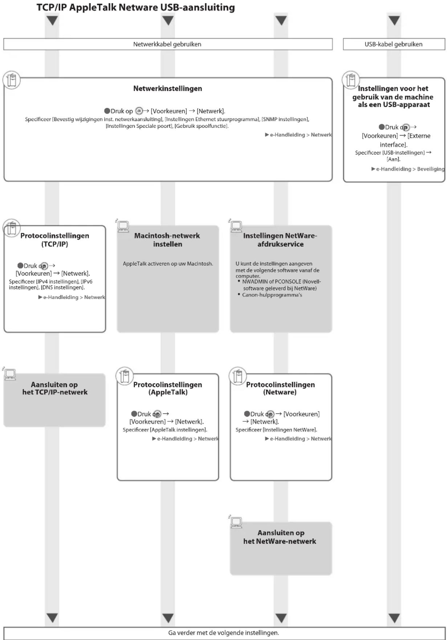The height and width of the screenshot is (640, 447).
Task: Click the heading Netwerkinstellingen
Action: coord(167,89)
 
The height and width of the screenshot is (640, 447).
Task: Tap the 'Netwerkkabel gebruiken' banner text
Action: coord(167,44)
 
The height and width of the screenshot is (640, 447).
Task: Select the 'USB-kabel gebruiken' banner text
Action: coord(394,44)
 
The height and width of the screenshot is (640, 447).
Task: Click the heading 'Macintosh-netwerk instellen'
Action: coord(167,240)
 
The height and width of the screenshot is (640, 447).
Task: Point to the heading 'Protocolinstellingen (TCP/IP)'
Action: coord(54,240)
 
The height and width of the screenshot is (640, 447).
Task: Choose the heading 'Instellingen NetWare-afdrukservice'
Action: coord(280,240)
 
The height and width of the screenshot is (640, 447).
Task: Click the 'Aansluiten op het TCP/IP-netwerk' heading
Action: coord(54,388)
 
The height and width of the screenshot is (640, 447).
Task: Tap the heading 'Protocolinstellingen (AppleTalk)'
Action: coord(168,388)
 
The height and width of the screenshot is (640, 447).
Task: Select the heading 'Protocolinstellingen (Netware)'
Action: coord(280,388)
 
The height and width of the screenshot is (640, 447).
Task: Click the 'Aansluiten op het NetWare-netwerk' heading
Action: coord(280,537)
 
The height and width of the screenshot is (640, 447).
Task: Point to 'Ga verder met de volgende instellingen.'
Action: coord(224,633)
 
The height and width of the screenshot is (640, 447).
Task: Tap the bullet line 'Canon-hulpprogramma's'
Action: coord(272,295)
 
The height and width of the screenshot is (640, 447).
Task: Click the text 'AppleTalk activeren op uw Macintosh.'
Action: coord(168,264)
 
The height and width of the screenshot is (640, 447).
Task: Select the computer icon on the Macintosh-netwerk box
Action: coord(123,226)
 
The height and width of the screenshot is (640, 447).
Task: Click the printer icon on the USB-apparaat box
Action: coord(351,80)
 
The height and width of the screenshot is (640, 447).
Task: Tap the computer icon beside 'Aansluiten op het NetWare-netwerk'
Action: coord(236,522)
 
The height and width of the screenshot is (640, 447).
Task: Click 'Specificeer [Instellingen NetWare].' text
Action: coord(276,430)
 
